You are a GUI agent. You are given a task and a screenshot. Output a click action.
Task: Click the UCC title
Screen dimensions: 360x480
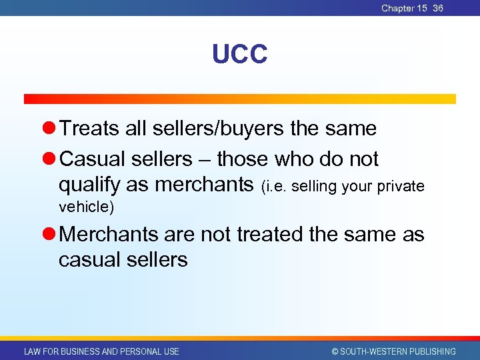coord(239,55)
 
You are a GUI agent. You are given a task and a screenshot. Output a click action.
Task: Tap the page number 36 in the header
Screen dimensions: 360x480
coord(438,8)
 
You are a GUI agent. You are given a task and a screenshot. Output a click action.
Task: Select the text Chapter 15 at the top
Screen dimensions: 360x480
coord(404,8)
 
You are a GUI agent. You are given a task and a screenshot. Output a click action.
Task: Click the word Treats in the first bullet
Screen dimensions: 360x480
coord(90,128)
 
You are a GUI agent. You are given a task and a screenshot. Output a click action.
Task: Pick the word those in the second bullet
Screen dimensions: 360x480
coord(243,159)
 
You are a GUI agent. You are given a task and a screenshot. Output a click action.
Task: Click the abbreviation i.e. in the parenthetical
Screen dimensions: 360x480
coord(275,186)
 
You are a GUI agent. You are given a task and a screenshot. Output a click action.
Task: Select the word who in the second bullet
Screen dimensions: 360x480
coord(297,159)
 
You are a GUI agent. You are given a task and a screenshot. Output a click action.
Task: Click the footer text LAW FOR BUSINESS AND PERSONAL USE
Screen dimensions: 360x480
coord(101,351)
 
